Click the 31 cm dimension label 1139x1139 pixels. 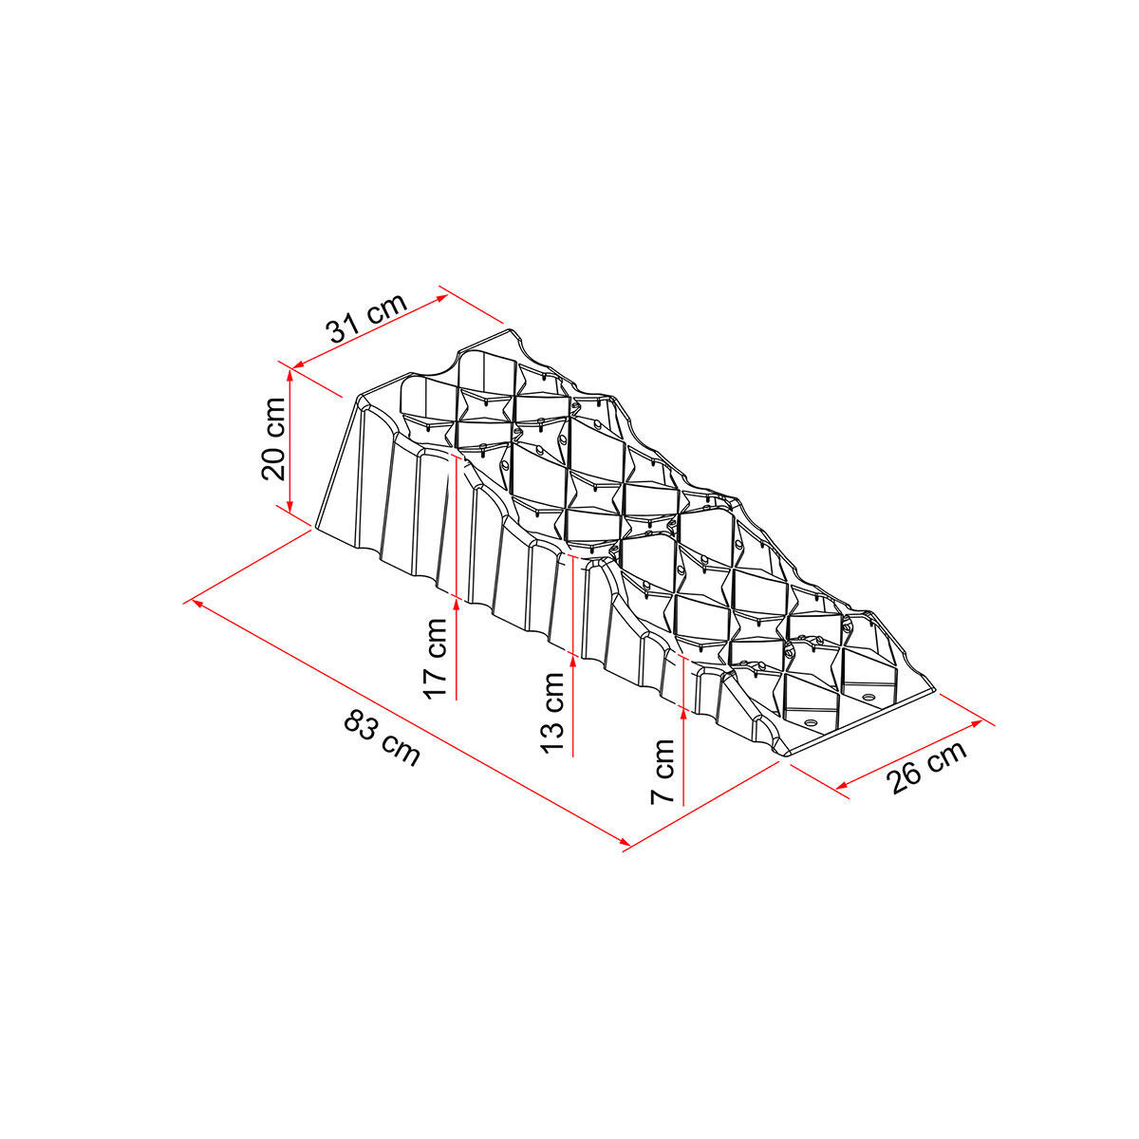tap(367, 317)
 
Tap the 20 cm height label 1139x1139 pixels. tap(273, 439)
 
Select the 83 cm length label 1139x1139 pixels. tap(383, 738)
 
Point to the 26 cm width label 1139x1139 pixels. tap(926, 766)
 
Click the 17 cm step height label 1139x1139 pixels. tap(436, 658)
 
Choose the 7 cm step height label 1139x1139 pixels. tap(662, 772)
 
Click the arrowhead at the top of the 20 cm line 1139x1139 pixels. tap(290, 374)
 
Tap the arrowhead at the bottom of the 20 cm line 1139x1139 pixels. tap(289, 506)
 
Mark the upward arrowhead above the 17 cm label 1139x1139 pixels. tap(457, 604)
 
